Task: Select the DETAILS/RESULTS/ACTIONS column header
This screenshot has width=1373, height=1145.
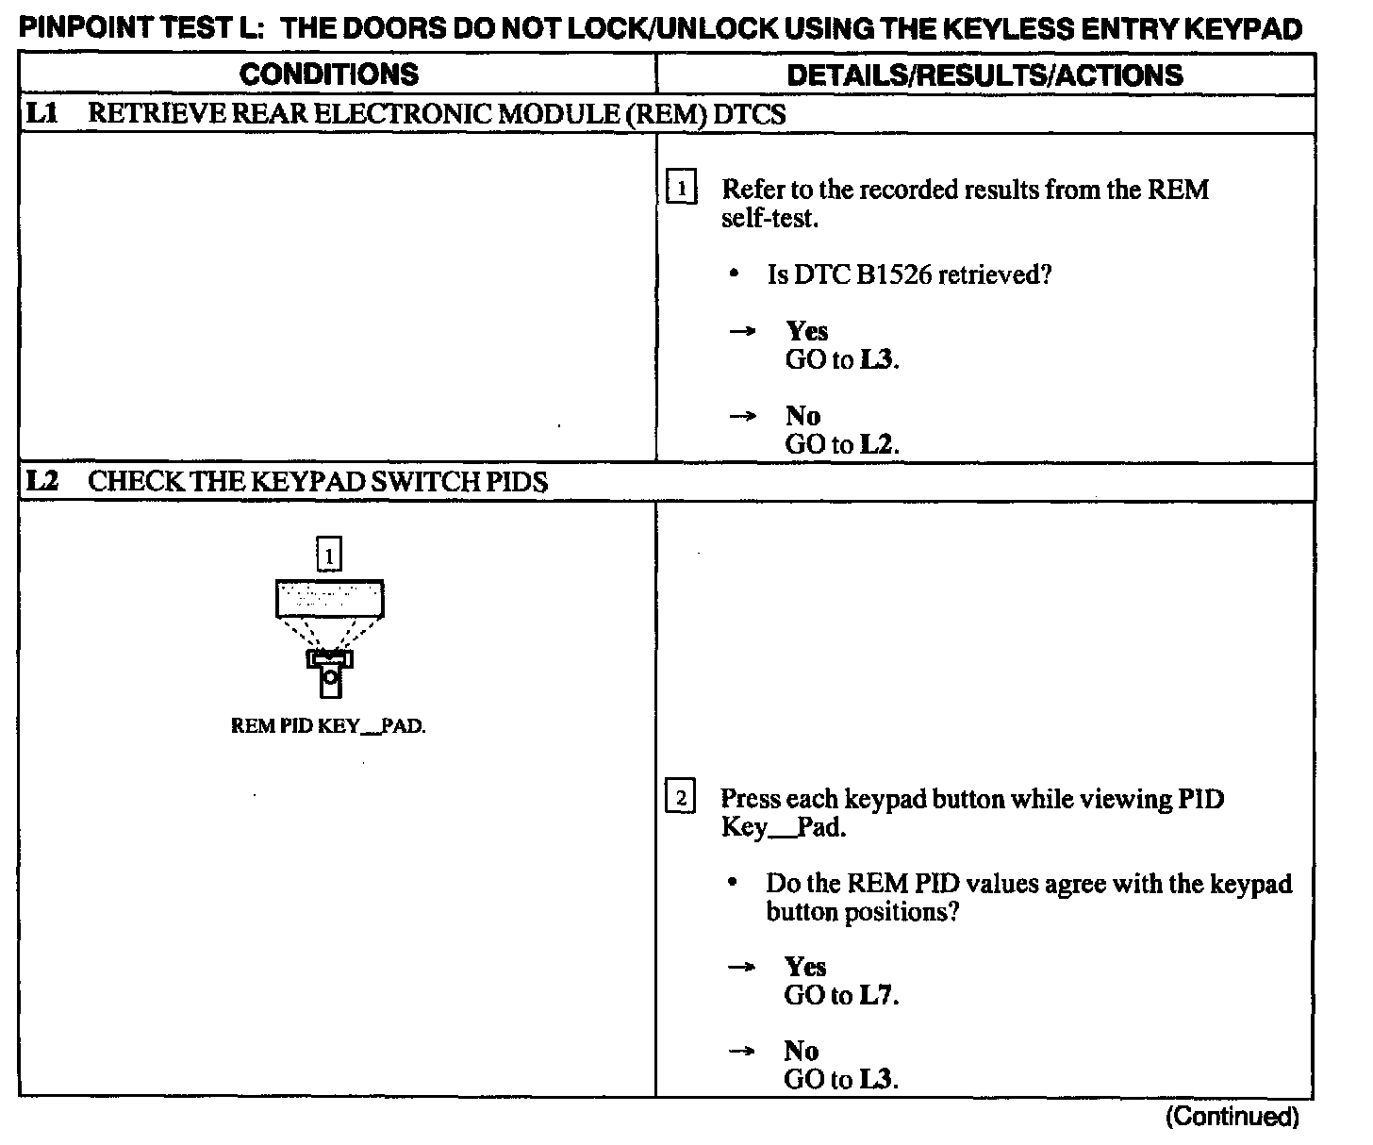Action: tap(984, 75)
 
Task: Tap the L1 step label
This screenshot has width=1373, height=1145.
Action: tap(41, 114)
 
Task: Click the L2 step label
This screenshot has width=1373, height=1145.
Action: tap(41, 482)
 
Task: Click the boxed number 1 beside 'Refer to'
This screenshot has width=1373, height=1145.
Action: tap(681, 189)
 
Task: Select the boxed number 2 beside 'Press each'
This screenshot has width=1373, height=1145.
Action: tap(681, 799)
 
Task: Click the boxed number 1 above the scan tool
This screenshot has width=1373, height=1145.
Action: tap(329, 556)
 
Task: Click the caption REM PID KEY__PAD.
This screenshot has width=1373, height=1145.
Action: tap(328, 727)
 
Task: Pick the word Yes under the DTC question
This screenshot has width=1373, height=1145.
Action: tap(807, 331)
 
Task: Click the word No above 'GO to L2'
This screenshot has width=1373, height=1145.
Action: tap(802, 416)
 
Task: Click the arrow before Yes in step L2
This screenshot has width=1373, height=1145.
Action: tap(743, 967)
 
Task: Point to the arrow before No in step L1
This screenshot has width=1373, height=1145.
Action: tap(743, 416)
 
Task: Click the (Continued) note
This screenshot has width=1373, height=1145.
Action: tap(1232, 1118)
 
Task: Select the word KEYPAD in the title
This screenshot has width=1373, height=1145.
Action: tap(1243, 28)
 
